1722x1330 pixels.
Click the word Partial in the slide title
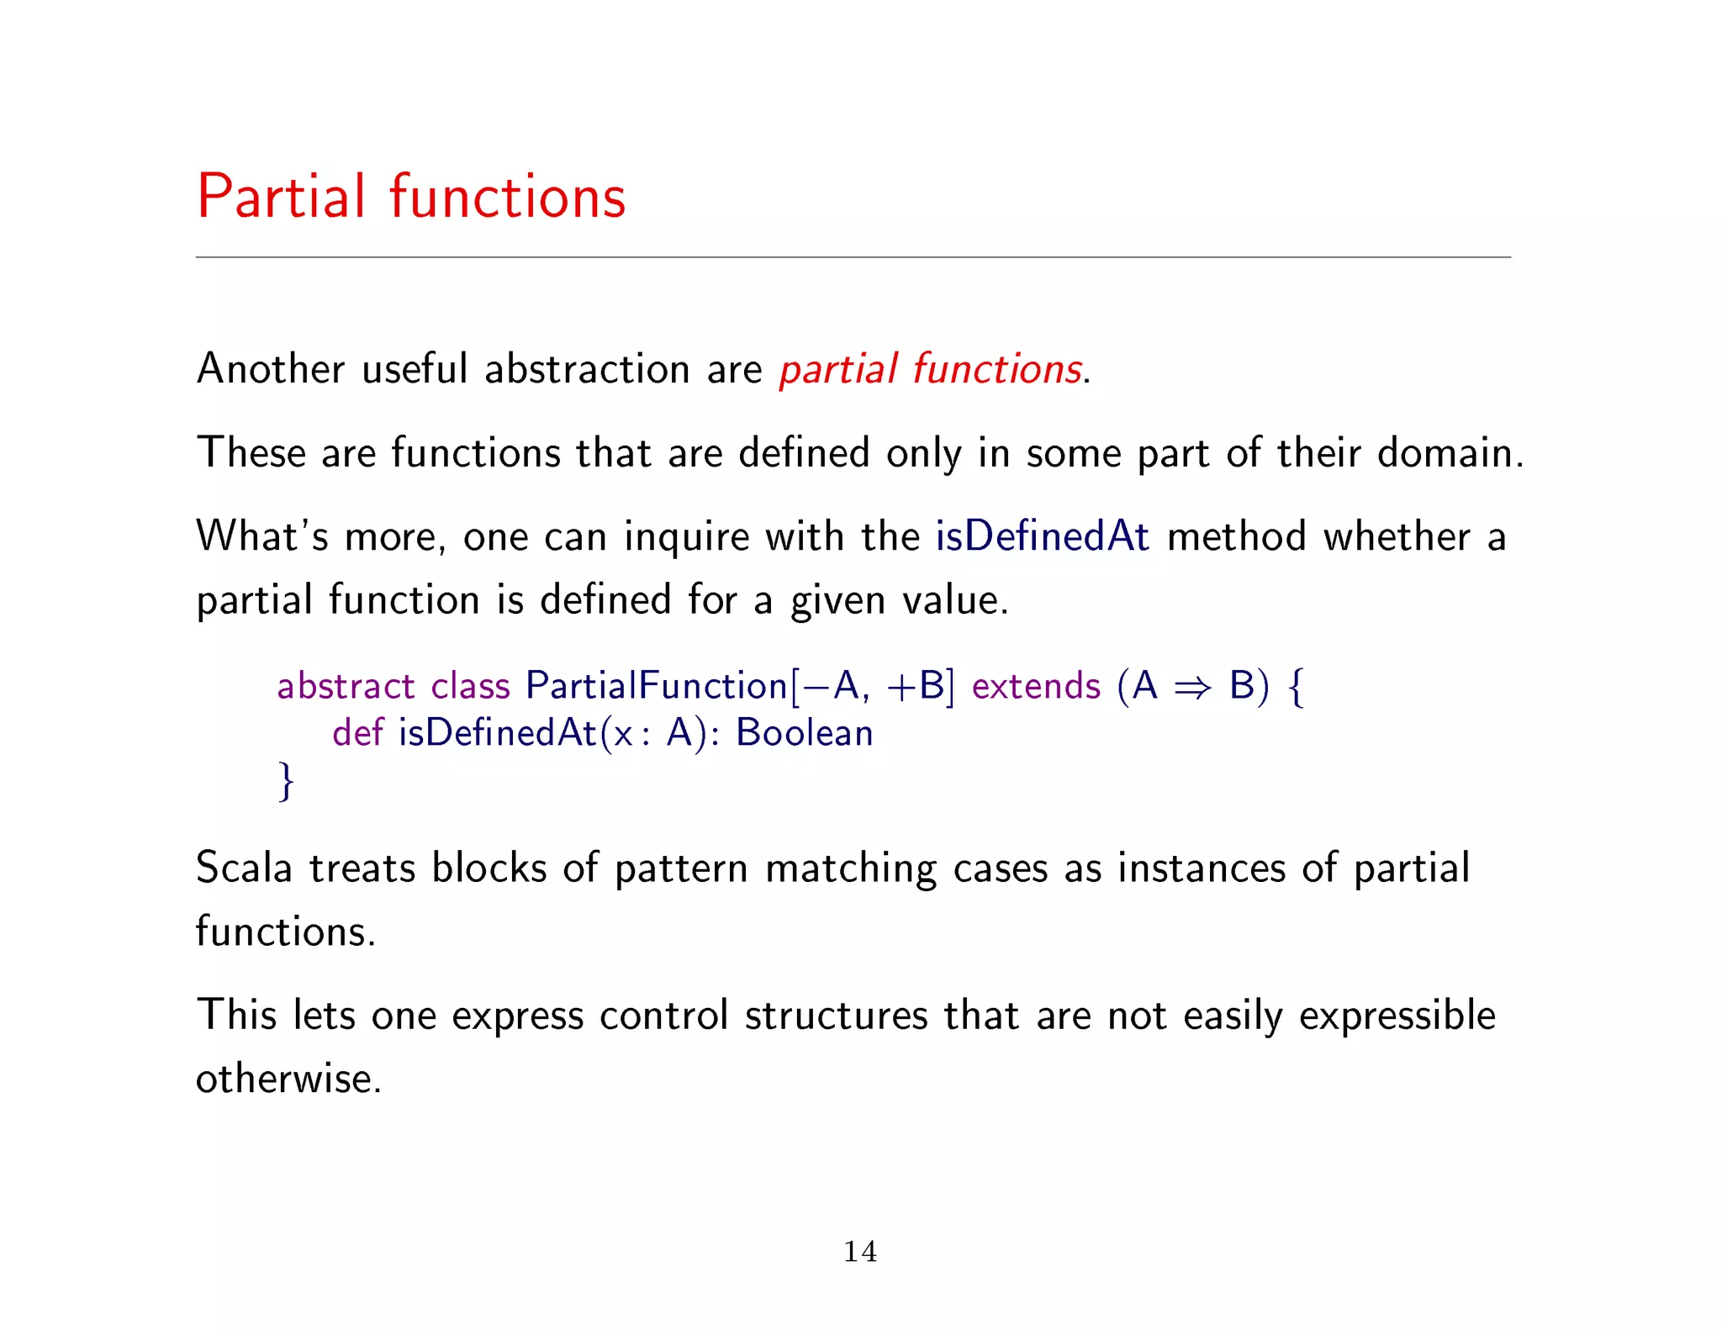click(282, 197)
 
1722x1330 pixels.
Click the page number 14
click(860, 1252)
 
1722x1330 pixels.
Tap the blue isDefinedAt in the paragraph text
click(1042, 536)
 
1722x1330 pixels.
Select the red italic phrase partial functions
click(930, 370)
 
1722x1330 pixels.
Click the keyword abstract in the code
click(346, 686)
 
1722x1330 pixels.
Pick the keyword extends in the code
click(1035, 686)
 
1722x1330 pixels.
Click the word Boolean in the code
click(804, 733)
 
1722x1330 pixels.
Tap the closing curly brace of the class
click(286, 781)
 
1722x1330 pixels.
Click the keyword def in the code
click(357, 733)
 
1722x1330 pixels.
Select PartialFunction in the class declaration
click(656, 686)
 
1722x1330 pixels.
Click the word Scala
click(243, 868)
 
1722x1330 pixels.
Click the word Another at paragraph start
click(270, 370)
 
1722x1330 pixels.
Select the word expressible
click(1397, 1016)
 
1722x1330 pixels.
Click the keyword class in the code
click(470, 686)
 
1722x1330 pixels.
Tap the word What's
click(261, 536)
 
